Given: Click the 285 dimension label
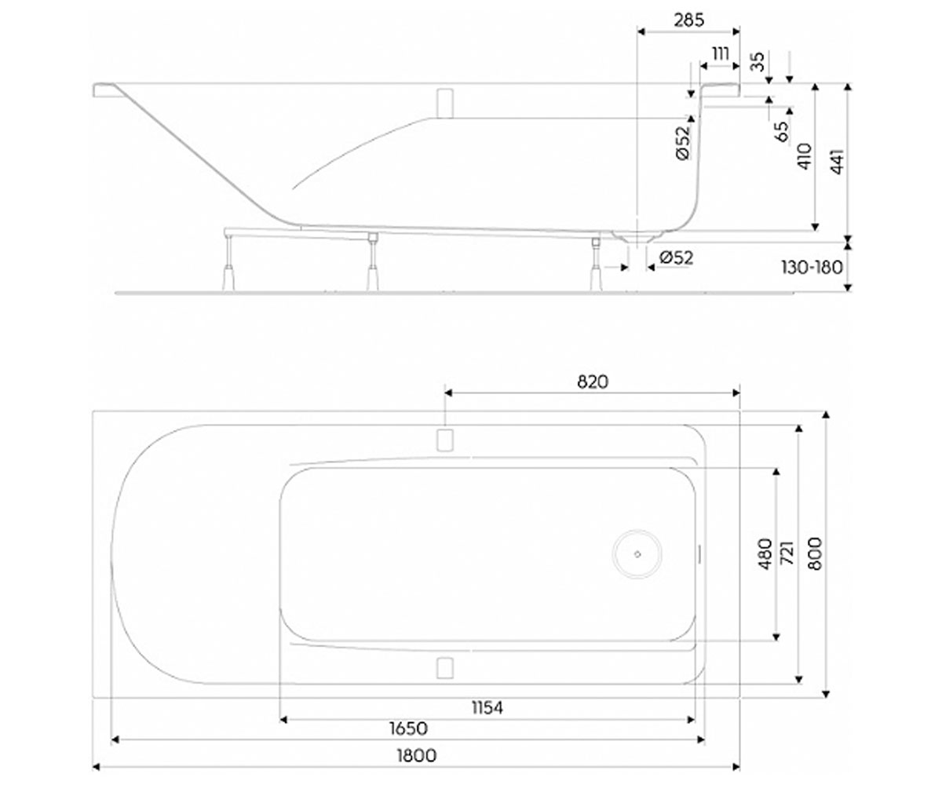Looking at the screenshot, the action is (x=689, y=20).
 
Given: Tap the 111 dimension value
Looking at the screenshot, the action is (x=721, y=54).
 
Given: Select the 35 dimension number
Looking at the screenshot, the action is (x=758, y=62).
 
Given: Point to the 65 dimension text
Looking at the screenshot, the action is (x=783, y=131).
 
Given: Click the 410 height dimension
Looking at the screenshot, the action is (x=805, y=156).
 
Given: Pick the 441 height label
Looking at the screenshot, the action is (x=837, y=161).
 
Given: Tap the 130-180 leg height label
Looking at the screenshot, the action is (x=812, y=268).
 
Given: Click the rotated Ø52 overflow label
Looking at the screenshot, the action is (x=684, y=143).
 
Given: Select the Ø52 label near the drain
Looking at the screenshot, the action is (x=676, y=258).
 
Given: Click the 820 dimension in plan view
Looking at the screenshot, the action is (x=593, y=382).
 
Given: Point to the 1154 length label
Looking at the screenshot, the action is (x=487, y=707).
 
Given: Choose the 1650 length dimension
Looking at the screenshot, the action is (x=409, y=728).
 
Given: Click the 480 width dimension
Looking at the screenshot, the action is (x=765, y=553).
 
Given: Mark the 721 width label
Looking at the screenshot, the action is (x=787, y=552).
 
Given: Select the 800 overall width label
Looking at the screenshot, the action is (x=815, y=553).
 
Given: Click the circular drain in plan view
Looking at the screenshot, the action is (x=637, y=554).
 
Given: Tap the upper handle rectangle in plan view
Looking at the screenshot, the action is (x=445, y=440).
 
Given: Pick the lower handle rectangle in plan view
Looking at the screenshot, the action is (x=445, y=667).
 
